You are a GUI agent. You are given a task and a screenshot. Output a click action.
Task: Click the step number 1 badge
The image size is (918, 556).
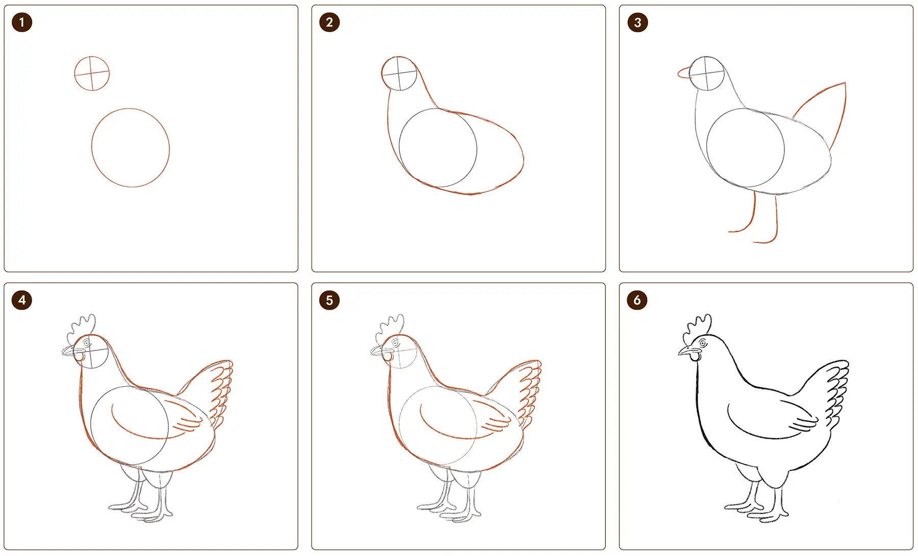pos(22,22)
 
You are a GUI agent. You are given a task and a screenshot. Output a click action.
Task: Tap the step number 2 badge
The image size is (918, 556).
pos(329,22)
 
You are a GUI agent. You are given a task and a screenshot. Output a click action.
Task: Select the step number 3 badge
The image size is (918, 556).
pos(637,22)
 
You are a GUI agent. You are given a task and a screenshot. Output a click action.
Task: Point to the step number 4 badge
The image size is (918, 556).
pos(22,300)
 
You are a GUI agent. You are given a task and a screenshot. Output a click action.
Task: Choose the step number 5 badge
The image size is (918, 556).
pos(329,300)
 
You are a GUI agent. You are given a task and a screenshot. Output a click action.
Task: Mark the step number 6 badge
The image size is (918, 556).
pos(637,300)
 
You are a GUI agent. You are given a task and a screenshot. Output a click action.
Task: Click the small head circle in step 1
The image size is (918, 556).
pos(74,73)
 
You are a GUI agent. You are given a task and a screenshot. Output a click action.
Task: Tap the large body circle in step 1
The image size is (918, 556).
pos(92,148)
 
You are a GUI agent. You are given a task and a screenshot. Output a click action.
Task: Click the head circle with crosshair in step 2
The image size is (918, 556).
pos(382,74)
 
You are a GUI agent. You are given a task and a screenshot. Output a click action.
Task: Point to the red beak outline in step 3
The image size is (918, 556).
pos(678,73)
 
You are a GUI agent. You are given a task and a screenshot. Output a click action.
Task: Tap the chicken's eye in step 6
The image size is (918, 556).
pos(703,343)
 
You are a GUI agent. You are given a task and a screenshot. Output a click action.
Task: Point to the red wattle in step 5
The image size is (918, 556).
pos(388,357)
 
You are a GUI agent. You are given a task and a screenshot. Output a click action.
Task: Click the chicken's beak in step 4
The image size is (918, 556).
pos(71,351)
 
